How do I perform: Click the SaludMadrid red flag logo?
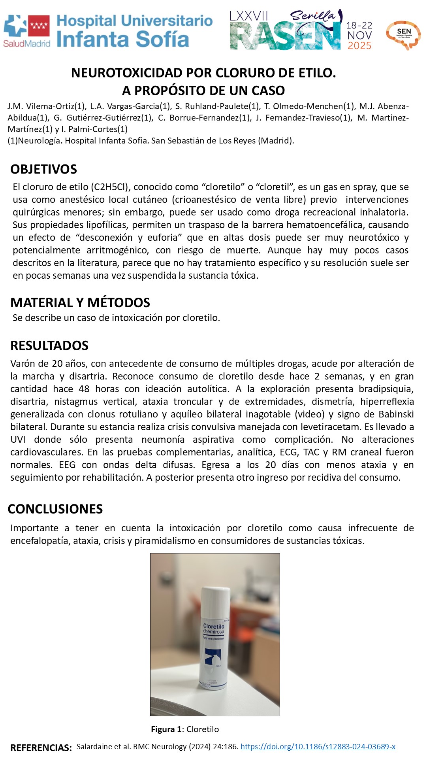39,26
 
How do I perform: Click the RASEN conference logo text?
284,37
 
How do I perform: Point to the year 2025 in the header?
359,46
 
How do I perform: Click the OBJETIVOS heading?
43,169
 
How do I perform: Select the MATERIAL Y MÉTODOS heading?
80,302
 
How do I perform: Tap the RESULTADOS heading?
49,346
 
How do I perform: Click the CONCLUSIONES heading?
55,509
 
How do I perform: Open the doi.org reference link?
318,747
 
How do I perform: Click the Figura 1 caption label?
167,729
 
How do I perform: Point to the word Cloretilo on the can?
213,626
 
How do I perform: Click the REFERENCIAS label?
41,748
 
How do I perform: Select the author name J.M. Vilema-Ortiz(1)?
46,106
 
